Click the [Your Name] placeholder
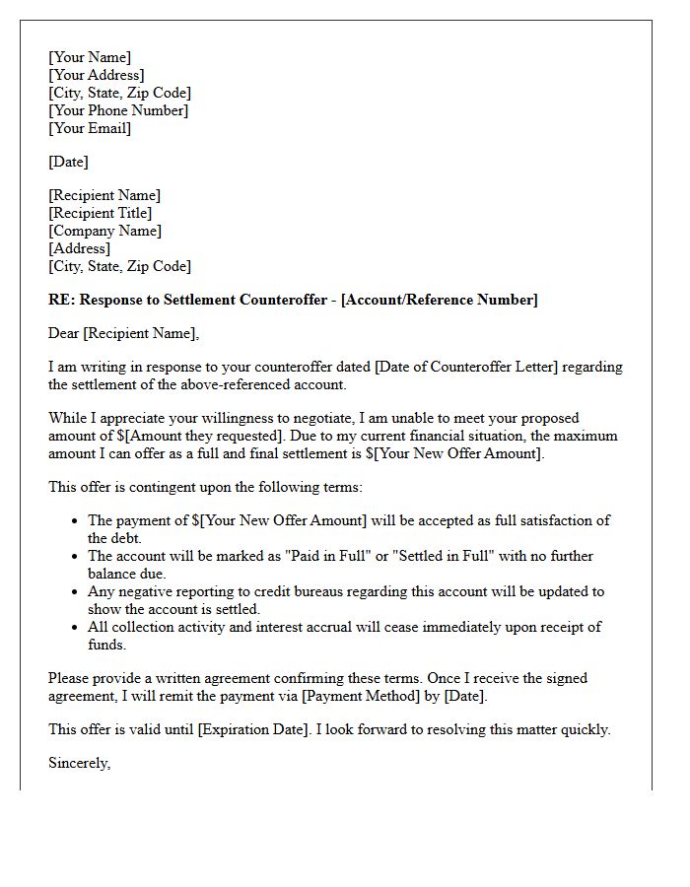[90, 57]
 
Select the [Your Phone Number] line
[118, 110]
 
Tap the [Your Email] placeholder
[90, 128]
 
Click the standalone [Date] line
[68, 162]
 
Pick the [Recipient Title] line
[101, 213]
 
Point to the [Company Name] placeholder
[105, 231]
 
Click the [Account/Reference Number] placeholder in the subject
[440, 300]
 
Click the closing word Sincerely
[79, 763]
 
